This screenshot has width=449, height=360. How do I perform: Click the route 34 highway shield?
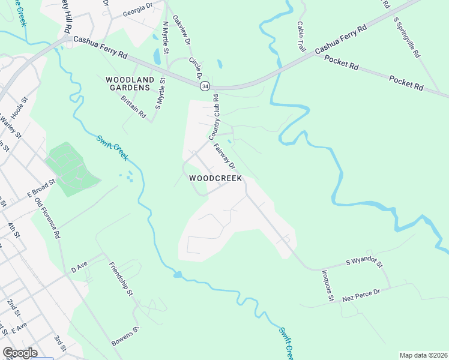(205, 86)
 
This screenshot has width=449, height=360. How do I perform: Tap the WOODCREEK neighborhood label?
(215, 178)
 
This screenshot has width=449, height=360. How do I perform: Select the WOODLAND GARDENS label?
(129, 83)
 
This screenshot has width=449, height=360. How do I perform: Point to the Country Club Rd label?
(215, 118)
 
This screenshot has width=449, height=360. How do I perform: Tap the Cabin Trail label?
(301, 36)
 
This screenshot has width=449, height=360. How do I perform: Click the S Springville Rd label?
(406, 37)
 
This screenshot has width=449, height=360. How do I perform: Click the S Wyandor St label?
(364, 262)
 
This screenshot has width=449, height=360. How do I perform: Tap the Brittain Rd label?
(133, 106)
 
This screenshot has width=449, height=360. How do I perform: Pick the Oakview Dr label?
(181, 31)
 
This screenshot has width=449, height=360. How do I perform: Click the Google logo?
(20, 353)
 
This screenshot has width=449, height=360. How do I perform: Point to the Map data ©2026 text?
(423, 355)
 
